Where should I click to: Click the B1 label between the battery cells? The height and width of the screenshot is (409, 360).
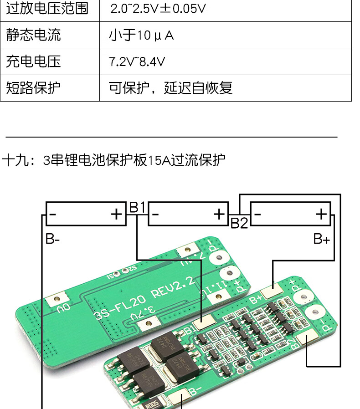pyautogui.click(x=137, y=208)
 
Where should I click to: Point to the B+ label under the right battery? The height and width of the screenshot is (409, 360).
pyautogui.click(x=321, y=239)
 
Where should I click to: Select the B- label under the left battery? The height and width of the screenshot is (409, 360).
pyautogui.click(x=52, y=239)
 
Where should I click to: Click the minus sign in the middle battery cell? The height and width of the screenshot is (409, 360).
pyautogui.click(x=156, y=214)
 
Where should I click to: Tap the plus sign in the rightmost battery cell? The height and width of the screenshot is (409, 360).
pyautogui.click(x=322, y=214)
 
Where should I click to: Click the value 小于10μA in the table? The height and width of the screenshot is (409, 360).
pyautogui.click(x=141, y=35)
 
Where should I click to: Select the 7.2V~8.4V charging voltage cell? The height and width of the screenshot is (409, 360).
pyautogui.click(x=137, y=61)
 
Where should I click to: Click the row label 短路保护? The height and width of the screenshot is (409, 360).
pyautogui.click(x=33, y=87)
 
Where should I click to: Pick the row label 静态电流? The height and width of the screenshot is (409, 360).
pyautogui.click(x=33, y=35)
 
